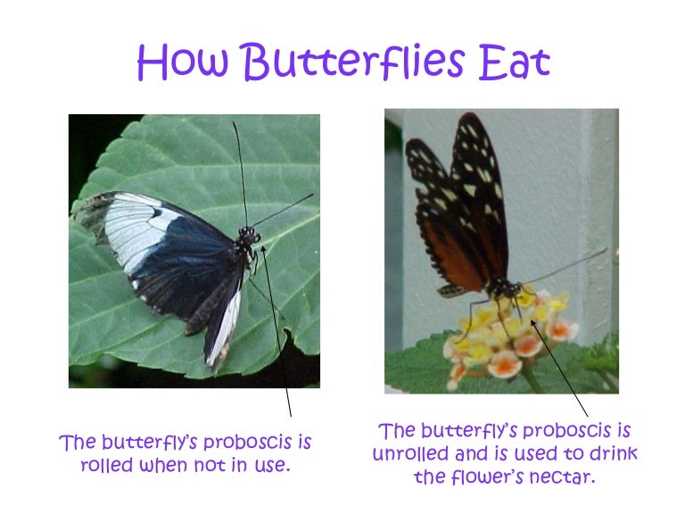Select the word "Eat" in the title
pos(511,62)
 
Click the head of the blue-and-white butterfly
pos(247,236)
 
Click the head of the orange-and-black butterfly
pos(506,287)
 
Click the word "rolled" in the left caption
pos(106,465)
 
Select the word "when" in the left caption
pos(164,465)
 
